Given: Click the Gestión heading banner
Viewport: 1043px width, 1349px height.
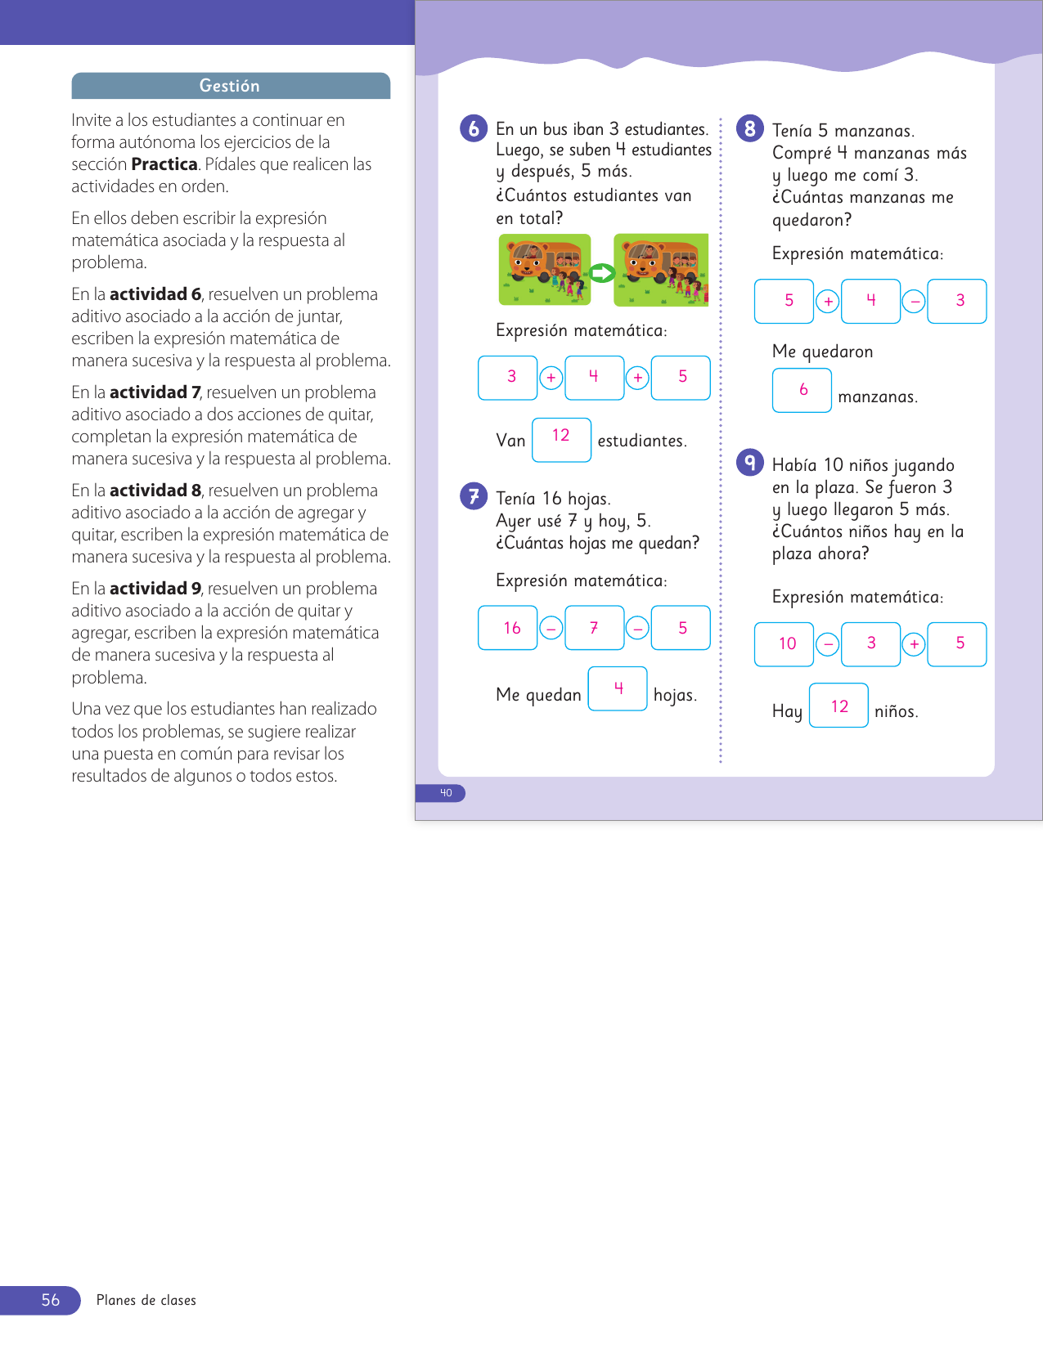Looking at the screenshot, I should coord(230,86).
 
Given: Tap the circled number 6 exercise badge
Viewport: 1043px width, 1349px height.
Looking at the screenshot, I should coord(474,128).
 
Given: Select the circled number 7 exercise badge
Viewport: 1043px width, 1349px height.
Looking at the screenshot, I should coord(474,495).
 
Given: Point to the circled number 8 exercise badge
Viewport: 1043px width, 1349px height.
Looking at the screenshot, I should coord(749,128).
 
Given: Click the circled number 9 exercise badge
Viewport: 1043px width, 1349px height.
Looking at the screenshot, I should coord(749,463).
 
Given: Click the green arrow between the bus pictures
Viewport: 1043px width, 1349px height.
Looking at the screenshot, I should coord(603,273).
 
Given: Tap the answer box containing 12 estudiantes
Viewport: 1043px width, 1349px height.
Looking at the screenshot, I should coord(561,439).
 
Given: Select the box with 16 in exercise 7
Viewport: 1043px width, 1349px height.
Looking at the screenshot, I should coord(508,628).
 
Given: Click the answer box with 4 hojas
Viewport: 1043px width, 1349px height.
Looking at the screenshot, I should coord(618,688).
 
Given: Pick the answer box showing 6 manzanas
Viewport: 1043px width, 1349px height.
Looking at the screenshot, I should coord(802,390).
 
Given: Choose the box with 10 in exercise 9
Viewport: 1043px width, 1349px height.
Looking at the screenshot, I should coord(784,644).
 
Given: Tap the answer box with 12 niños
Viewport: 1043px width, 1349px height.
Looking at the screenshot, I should coord(838,706).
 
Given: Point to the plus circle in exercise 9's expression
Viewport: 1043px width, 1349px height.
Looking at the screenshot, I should coord(914,645).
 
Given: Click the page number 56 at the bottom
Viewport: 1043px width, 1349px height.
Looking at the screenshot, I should coord(50,1300).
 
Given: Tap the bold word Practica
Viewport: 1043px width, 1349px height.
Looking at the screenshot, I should coord(164,164).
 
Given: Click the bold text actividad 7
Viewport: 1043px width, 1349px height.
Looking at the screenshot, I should coord(155,392).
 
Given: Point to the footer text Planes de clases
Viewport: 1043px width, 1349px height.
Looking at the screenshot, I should coord(146,1300).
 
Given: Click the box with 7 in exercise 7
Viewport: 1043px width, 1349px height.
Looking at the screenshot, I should coord(594,628).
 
